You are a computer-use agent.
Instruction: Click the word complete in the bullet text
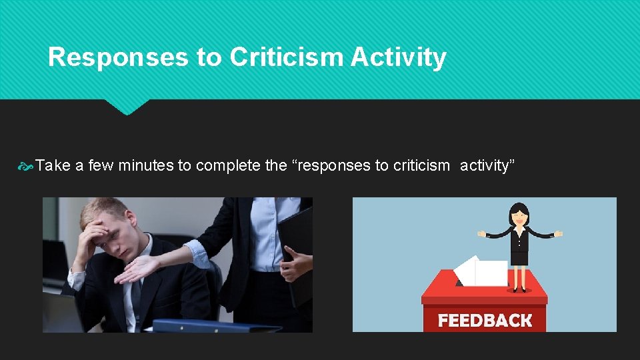pyautogui.click(x=228, y=165)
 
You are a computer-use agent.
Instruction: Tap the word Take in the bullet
pyautogui.click(x=53, y=165)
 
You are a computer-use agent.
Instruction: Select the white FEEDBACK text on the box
pyautogui.click(x=485, y=321)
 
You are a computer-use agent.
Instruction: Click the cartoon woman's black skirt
pyautogui.click(x=519, y=257)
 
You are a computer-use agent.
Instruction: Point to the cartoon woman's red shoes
pyautogui.click(x=518, y=289)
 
